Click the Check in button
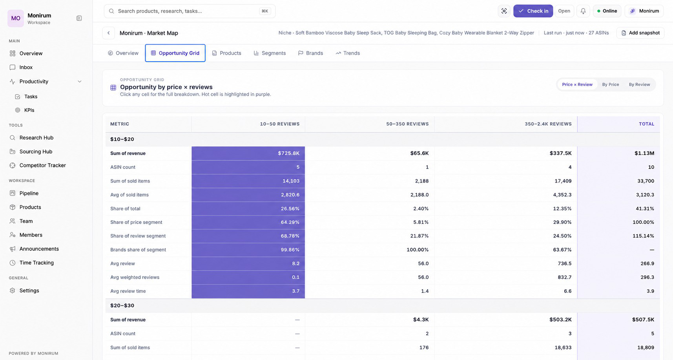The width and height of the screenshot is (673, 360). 533,11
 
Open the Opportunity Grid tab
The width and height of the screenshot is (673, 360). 175,53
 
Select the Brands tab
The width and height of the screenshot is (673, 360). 310,53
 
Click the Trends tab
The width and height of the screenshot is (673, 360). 348,53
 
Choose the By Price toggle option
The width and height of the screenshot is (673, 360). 611,84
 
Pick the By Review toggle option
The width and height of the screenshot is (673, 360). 639,84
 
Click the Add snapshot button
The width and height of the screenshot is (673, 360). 640,33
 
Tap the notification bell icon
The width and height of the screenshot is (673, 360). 583,11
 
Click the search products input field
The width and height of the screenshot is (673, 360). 190,11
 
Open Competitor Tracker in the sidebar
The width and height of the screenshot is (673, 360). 42,165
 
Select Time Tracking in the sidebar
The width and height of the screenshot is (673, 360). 36,263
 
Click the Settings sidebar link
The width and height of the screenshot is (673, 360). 29,291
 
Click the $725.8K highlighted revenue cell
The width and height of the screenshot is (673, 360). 248,153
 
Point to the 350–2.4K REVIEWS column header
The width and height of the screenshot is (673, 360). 548,124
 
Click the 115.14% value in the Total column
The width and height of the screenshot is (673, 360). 643,236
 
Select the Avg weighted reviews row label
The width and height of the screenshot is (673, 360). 135,277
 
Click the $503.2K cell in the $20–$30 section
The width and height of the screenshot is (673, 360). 560,320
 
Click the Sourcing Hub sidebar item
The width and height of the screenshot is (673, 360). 36,152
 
